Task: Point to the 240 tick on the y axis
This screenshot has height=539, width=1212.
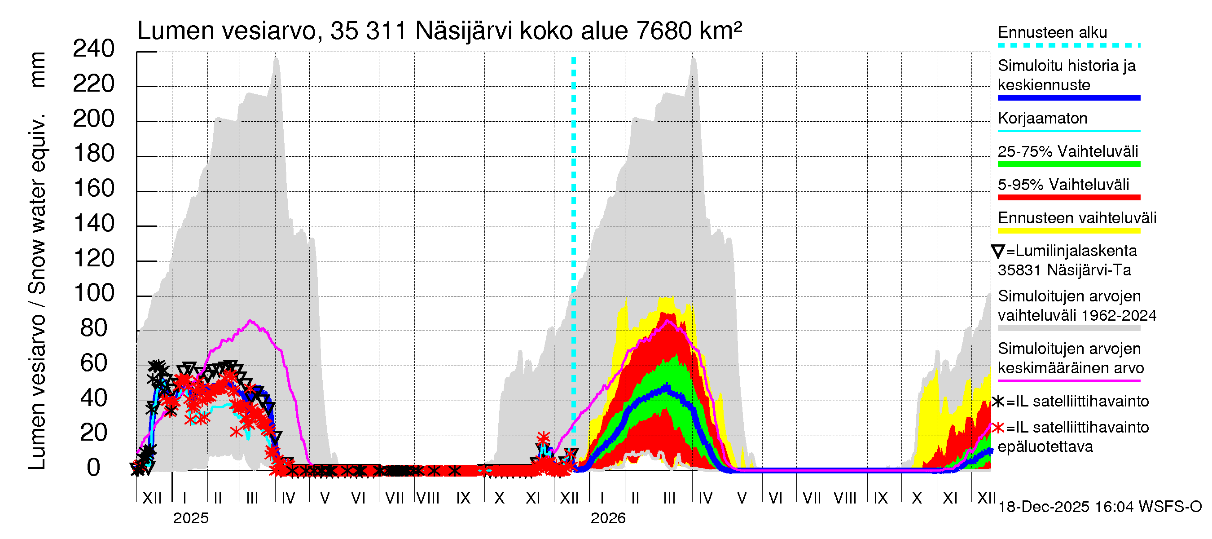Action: tap(94, 49)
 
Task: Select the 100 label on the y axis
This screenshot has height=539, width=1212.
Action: tap(94, 293)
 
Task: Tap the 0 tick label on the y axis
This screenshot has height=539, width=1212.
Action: tap(94, 468)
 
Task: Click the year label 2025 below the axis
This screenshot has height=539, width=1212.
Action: tap(190, 518)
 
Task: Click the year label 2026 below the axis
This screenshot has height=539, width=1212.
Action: tap(608, 518)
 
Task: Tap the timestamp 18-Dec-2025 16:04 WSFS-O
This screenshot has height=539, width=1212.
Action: tap(1099, 507)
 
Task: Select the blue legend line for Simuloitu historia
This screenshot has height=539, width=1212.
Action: tap(1068, 98)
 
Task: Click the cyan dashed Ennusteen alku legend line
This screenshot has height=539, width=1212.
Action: tap(1068, 46)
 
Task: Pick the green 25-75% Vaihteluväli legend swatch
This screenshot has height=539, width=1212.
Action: tap(1068, 164)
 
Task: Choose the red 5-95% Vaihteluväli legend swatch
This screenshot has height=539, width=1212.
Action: tap(1068, 198)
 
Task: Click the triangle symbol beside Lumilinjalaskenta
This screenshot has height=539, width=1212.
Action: tap(998, 252)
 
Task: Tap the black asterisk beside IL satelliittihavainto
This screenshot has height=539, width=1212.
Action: tap(998, 402)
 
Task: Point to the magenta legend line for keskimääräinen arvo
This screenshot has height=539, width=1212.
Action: tap(1068, 380)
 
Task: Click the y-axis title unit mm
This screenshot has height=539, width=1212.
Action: tap(38, 70)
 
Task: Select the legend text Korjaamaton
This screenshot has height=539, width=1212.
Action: tap(1042, 118)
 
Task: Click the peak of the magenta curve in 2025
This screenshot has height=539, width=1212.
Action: tap(250, 321)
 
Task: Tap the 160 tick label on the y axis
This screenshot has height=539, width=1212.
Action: tap(94, 189)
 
